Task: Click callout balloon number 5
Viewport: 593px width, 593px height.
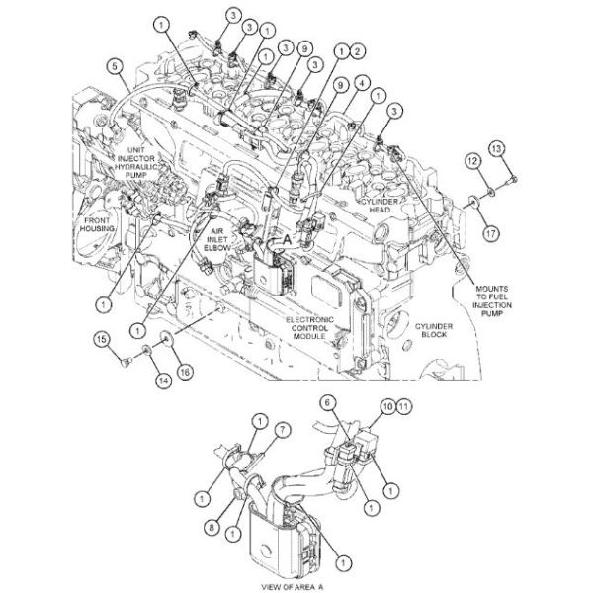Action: [x=115, y=66]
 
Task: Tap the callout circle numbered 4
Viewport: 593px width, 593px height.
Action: [x=364, y=82]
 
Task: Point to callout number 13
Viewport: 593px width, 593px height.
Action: [x=497, y=147]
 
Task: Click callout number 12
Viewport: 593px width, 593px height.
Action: [x=473, y=160]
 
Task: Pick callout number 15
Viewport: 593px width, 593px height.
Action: [x=101, y=341]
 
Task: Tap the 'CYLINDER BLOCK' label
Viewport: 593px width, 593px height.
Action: [x=435, y=329]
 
